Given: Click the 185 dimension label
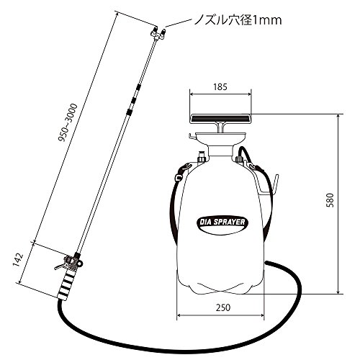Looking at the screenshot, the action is tap(220, 87).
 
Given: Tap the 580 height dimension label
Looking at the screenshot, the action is tap(331, 200).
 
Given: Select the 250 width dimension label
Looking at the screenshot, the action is tap(223, 307).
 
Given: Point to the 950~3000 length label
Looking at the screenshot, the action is tap(68, 122).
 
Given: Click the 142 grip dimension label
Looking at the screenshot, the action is tap(18, 260).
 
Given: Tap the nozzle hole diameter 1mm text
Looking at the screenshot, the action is tap(238, 20).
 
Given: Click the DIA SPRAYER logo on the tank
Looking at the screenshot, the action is tap(222, 222).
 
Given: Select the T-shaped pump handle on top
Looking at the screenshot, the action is tap(220, 122).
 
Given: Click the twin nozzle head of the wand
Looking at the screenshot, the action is tap(158, 34).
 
